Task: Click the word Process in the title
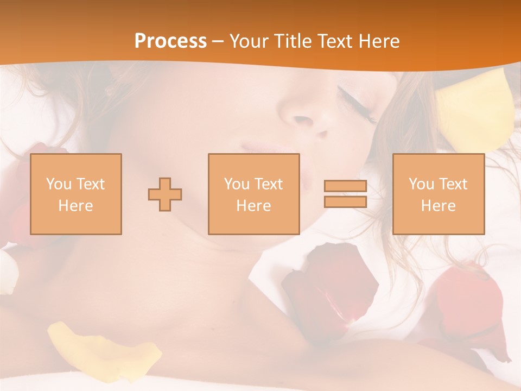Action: tap(170, 41)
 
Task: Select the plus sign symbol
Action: tap(165, 194)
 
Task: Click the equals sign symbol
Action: tap(345, 194)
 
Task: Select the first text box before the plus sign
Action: tap(76, 194)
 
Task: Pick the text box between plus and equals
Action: tap(253, 194)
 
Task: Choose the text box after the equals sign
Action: tap(438, 194)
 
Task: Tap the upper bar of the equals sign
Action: tap(345, 186)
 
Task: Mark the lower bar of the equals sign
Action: tap(345, 201)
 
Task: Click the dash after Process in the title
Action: tap(218, 41)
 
